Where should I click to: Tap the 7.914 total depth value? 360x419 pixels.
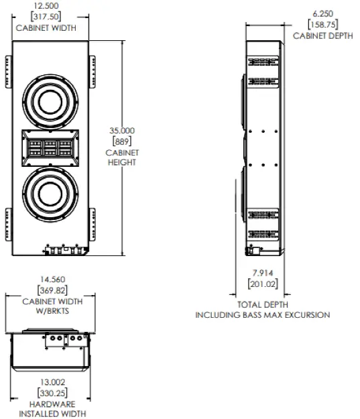point(262,273)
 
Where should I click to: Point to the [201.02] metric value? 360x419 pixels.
point(262,284)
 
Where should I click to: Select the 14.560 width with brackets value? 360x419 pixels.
point(49,279)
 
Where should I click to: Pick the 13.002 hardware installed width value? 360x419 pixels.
point(49,381)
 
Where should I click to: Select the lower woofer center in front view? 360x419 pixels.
point(50,194)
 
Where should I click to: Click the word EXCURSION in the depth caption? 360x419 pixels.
point(307,315)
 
